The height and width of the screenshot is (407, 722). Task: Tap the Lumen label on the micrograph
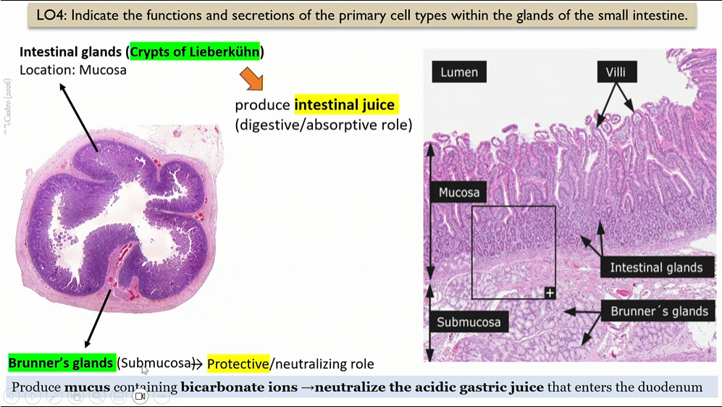459,72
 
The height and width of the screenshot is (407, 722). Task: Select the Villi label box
616,72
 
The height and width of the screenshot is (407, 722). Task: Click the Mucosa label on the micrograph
459,193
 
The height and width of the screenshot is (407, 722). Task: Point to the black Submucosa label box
469,322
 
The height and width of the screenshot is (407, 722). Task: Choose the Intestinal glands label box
656,267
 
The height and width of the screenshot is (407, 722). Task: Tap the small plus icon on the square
550,293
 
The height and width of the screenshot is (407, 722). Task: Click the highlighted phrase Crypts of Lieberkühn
195,52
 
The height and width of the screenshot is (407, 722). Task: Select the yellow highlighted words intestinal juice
345,105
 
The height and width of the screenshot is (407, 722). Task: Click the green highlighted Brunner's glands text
61,362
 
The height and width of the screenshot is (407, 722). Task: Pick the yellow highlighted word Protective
238,363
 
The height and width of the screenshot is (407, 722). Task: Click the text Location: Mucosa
73,70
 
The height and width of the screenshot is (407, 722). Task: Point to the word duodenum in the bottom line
673,387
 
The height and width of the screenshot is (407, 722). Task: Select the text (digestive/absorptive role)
323,125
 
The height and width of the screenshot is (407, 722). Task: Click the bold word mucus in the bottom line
87,387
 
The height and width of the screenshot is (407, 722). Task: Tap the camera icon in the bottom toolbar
140,397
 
